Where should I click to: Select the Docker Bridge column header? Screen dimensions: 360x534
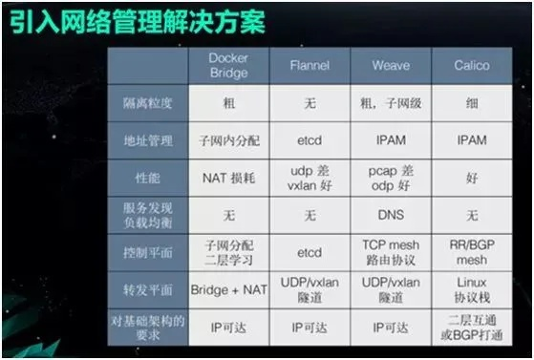coord(228,65)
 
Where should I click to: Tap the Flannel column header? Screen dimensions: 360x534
coord(310,65)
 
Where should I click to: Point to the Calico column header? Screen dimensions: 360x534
coord(471,65)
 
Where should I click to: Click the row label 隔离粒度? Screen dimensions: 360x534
coord(148,103)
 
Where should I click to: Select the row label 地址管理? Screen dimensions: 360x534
coord(148,140)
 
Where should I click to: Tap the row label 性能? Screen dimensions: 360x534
coord(148,178)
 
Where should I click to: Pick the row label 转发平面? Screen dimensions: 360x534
coord(148,289)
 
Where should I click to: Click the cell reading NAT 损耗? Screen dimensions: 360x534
coord(228,178)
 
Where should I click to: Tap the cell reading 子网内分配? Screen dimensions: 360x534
coord(228,140)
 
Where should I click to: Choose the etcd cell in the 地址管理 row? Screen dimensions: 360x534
coord(310,140)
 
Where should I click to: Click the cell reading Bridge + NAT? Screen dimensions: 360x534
coord(228,289)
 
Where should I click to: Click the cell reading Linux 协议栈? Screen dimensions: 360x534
coord(471,289)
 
